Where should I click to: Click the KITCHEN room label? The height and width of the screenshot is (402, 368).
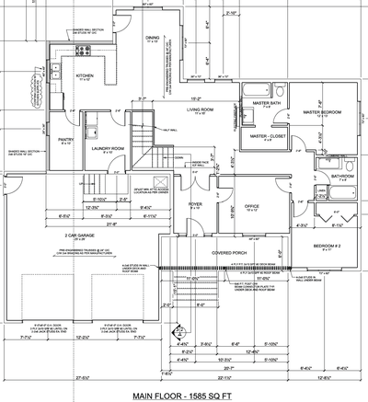point(85,75)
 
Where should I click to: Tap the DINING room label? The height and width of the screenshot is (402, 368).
point(152,38)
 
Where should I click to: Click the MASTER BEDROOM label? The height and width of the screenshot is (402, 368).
point(322,111)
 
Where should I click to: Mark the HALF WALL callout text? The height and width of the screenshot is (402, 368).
point(168,130)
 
